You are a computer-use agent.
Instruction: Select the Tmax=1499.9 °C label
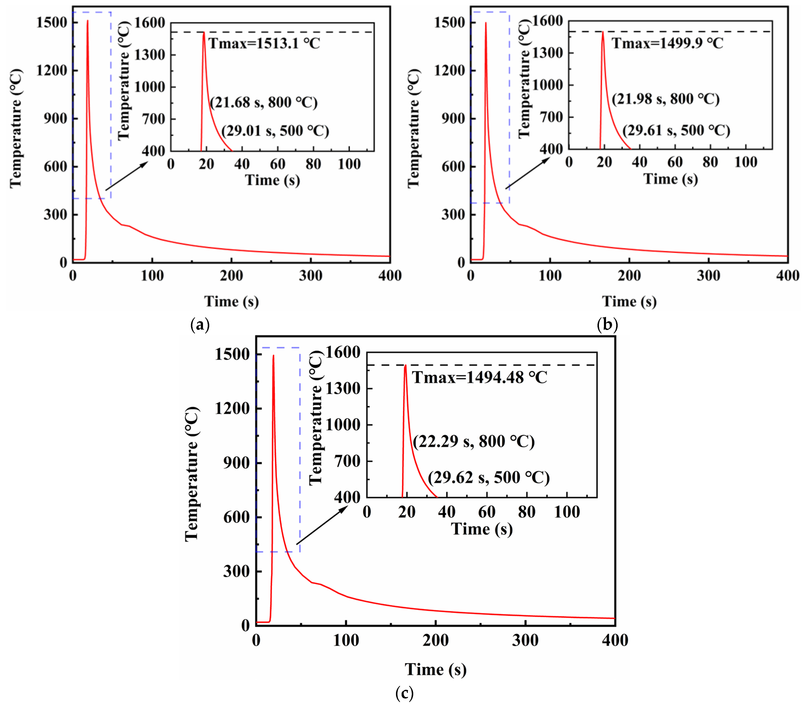coord(667,43)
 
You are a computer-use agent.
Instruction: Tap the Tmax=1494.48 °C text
coord(479,378)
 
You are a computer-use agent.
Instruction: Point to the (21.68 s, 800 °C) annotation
coord(264,103)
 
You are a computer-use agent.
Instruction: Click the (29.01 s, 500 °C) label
coord(275,131)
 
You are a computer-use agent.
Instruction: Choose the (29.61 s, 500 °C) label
coord(676,131)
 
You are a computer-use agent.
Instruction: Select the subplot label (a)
coord(200,325)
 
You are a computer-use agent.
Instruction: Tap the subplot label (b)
coord(607,325)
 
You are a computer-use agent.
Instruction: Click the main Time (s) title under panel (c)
coord(436,669)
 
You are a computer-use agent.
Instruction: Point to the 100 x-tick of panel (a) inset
coord(349,164)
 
